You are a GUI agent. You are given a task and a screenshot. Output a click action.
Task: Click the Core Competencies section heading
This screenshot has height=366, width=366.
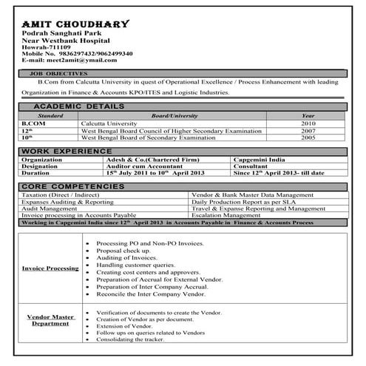[71, 186]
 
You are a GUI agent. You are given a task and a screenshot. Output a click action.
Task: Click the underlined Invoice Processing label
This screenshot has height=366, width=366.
[50, 268]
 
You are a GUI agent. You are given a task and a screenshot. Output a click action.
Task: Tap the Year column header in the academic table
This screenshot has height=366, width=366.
[308, 116]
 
